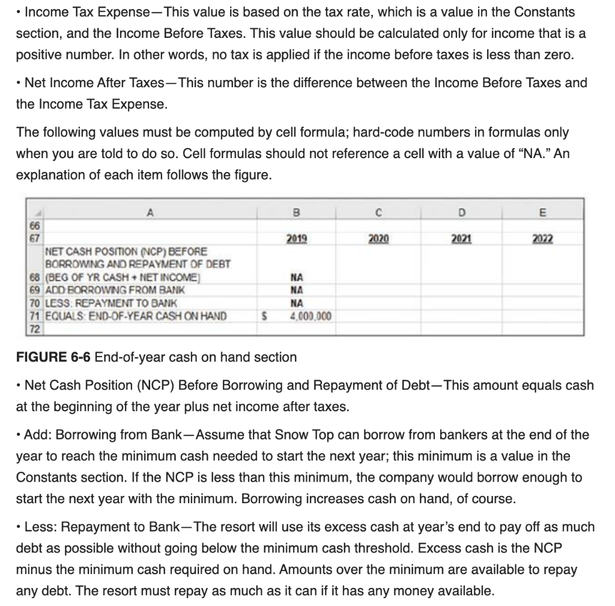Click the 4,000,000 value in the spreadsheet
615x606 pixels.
pos(304,316)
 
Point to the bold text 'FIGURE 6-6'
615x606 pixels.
pos(52,357)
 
